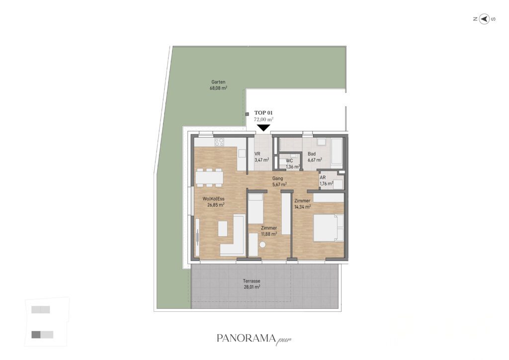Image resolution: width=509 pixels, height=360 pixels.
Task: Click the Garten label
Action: coord(218,82)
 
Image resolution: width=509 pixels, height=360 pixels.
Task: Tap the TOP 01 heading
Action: coord(263,113)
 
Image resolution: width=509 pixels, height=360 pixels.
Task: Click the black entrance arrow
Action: coord(263,128)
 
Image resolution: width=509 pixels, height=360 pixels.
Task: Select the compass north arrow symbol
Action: coord(484,19)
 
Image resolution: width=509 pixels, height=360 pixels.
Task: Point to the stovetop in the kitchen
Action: coord(219,142)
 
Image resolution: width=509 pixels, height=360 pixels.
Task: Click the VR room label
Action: coord(257,154)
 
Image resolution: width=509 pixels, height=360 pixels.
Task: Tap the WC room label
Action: coord(289,161)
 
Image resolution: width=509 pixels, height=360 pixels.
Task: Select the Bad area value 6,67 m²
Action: coord(315,160)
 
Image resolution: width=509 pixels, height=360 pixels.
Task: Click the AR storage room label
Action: coord(323,178)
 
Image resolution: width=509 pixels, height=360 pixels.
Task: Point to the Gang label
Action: coord(277,178)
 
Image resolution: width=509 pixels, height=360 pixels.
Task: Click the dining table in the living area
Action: coord(209,178)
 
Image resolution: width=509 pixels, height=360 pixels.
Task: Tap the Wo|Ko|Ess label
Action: coord(214,199)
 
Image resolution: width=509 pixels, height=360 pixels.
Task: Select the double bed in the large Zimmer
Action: coord(328,228)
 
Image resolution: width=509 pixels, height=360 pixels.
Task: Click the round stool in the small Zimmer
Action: coord(262,245)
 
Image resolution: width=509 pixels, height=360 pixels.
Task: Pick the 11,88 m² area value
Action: coord(269,234)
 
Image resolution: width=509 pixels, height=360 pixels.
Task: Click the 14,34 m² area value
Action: coord(303,206)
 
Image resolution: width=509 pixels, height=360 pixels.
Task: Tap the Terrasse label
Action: coord(252,281)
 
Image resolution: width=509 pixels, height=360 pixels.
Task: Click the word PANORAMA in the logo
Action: coord(246,338)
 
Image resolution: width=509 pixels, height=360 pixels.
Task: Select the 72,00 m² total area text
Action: coord(263,119)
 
